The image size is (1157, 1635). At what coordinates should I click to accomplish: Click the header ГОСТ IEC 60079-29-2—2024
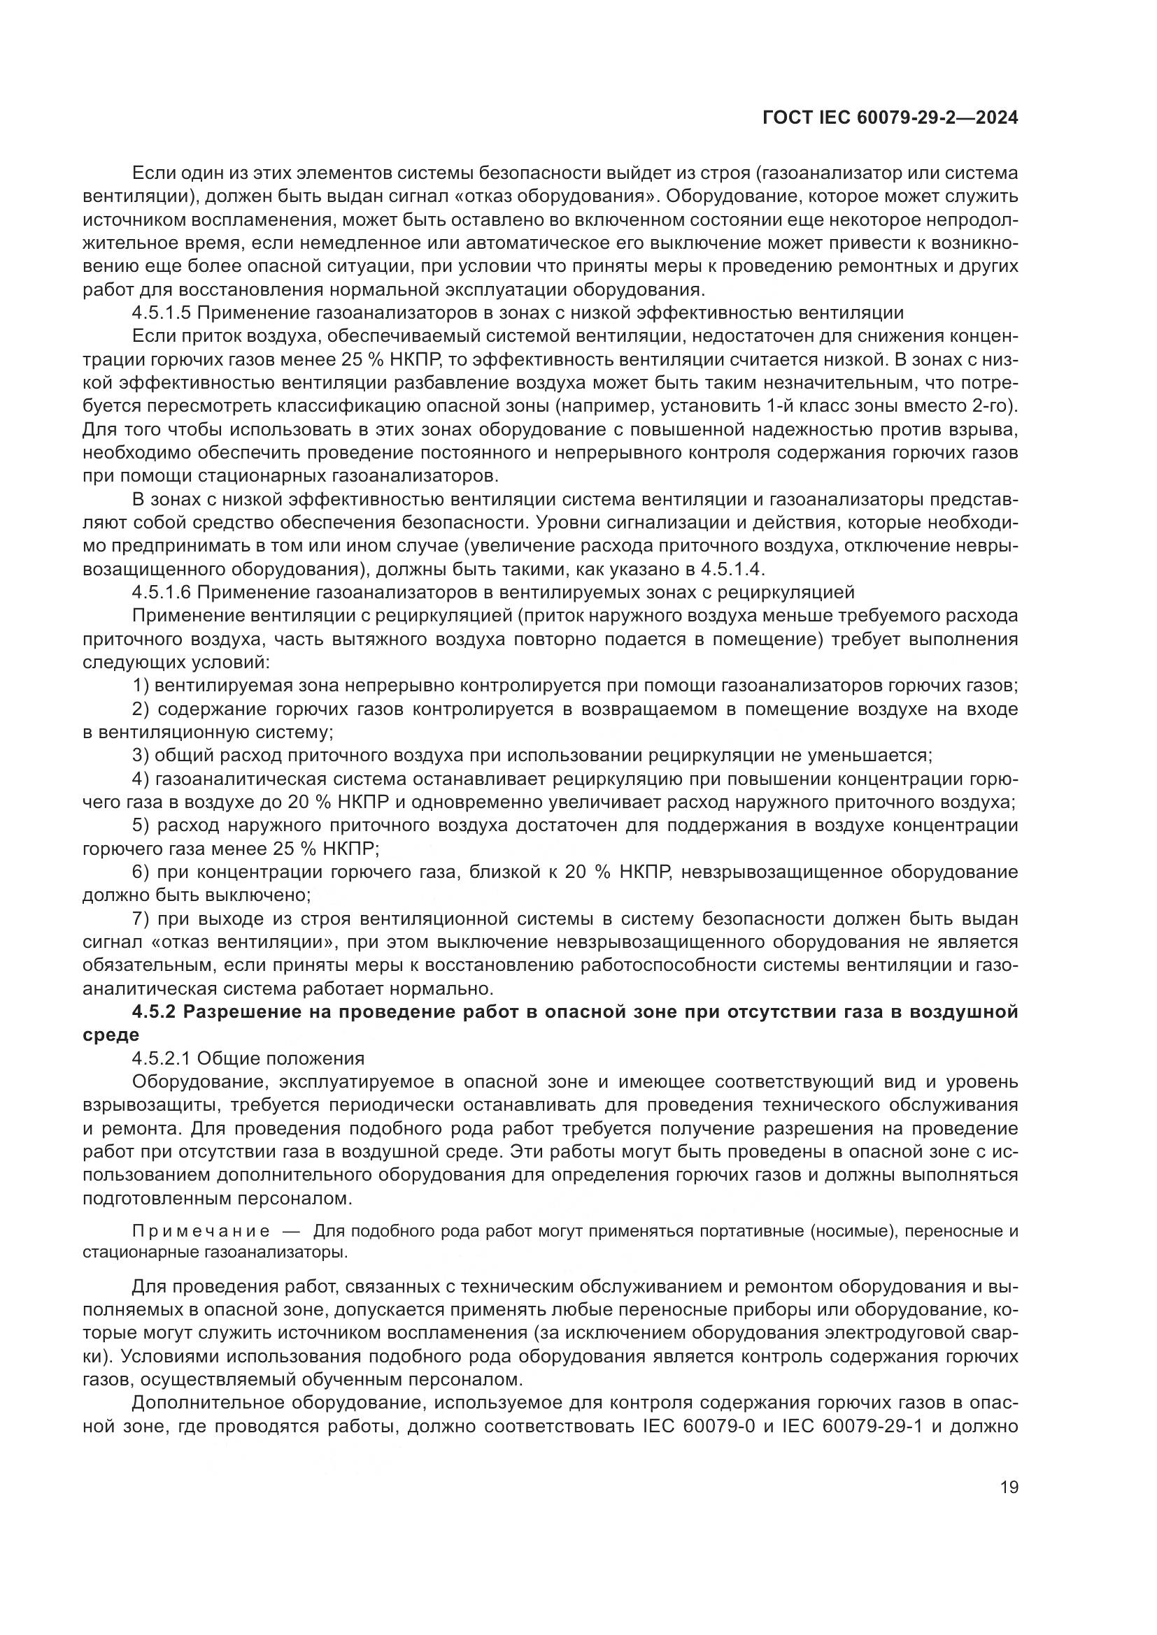point(890,118)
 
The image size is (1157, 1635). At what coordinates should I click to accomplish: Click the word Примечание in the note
point(201,1230)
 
